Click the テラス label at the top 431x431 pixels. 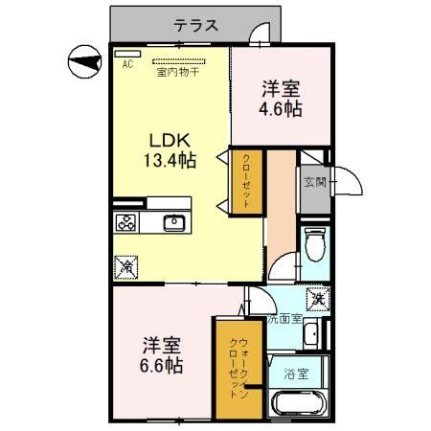pyautogui.click(x=196, y=26)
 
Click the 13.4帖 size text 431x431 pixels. pyautogui.click(x=170, y=160)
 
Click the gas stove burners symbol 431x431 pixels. pyautogui.click(x=127, y=223)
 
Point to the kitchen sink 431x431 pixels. pyautogui.click(x=173, y=223)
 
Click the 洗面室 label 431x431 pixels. pyautogui.click(x=284, y=319)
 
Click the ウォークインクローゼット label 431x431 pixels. pyautogui.click(x=238, y=369)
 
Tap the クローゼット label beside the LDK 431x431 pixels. pyautogui.click(x=245, y=182)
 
